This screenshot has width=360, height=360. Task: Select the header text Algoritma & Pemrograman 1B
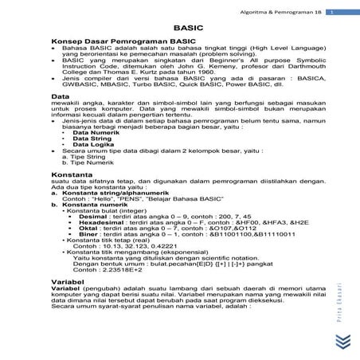click(x=292, y=10)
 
